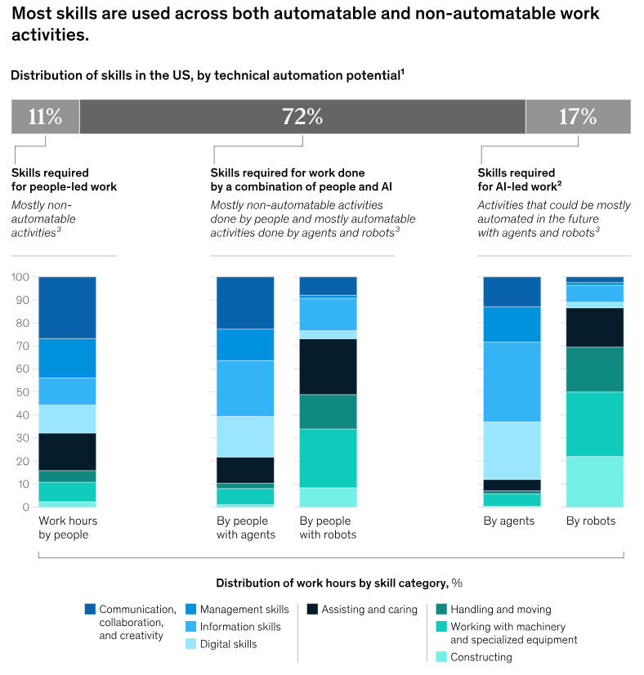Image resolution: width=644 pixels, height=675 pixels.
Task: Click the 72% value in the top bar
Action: pos(302,117)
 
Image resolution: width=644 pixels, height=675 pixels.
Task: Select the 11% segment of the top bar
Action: pos(45,117)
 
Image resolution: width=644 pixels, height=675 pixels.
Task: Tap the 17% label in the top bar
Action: pos(578,117)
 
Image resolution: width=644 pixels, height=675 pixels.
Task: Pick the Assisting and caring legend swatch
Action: pos(311,609)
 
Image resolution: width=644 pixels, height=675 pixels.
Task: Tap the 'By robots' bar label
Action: pos(591,521)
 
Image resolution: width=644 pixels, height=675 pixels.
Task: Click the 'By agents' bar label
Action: pos(508,521)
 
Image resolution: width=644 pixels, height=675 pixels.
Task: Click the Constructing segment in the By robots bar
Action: pos(595,481)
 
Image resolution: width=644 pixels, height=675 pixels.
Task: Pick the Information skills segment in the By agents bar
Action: pos(512,382)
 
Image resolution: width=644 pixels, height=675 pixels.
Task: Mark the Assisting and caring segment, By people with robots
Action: pos(328,366)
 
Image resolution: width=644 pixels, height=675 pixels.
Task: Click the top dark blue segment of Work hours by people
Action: pos(67,307)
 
